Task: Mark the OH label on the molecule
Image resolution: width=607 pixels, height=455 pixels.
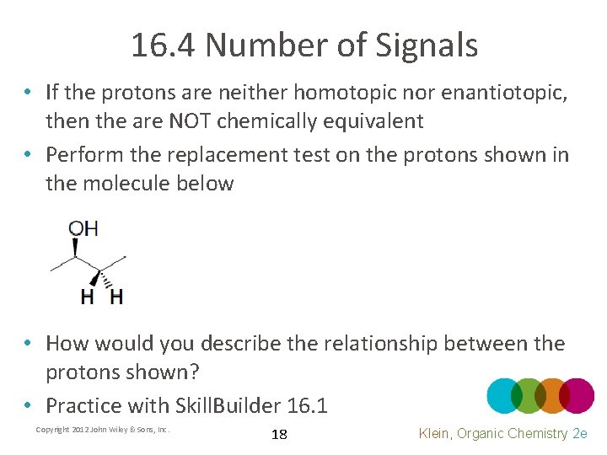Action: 83,228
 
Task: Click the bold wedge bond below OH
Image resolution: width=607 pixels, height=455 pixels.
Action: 76,247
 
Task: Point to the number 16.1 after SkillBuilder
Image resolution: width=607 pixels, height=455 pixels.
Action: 307,405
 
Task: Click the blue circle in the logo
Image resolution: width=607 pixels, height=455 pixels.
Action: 505,396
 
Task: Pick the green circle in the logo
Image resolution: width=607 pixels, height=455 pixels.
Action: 529,396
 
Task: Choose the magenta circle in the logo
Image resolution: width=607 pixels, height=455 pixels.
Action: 577,396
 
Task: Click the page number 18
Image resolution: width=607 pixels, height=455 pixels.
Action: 279,435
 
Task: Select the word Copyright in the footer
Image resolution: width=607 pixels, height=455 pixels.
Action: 55,430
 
